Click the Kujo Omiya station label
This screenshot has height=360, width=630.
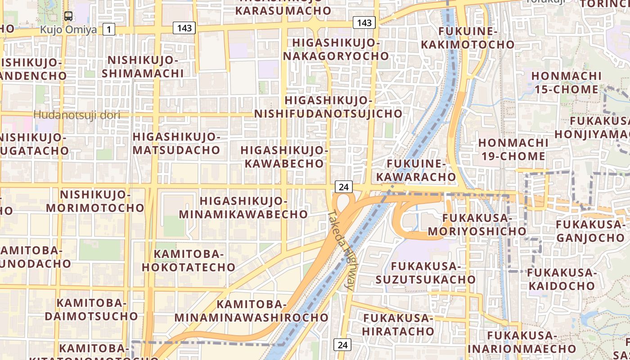point(68,30)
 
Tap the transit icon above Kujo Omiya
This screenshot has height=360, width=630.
point(68,16)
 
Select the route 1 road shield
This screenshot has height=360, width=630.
point(108,30)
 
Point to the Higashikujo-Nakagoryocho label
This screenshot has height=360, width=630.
point(336,49)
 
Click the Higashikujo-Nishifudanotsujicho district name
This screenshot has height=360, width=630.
point(328,107)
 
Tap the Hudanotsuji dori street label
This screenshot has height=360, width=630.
point(77,115)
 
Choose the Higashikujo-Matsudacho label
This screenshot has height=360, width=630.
point(176,143)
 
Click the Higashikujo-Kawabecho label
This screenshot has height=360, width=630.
point(284,156)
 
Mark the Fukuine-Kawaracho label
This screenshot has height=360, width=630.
point(416,170)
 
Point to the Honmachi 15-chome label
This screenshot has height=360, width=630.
point(566,82)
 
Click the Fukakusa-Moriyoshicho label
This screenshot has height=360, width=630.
point(477,225)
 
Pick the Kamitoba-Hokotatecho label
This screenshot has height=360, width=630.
point(189,261)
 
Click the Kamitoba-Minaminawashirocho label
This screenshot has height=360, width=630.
point(252,311)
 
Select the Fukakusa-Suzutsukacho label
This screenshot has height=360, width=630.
point(426,273)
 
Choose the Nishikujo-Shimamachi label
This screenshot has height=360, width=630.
point(143,67)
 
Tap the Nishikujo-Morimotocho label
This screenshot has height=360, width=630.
point(95,201)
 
